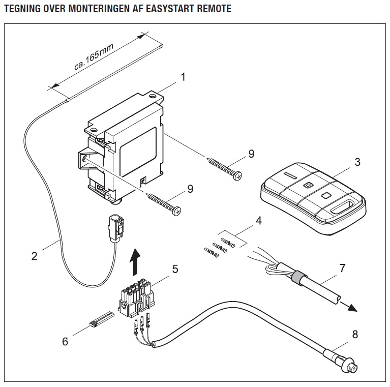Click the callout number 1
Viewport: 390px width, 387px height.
point(183,78)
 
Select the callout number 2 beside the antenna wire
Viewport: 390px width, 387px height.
point(35,256)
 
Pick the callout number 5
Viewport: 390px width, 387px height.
point(175,269)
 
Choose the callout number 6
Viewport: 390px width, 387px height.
point(65,341)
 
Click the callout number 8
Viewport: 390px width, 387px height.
point(354,334)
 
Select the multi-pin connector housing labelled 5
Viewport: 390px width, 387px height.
point(136,298)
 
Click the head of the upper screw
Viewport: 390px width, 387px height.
point(236,174)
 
